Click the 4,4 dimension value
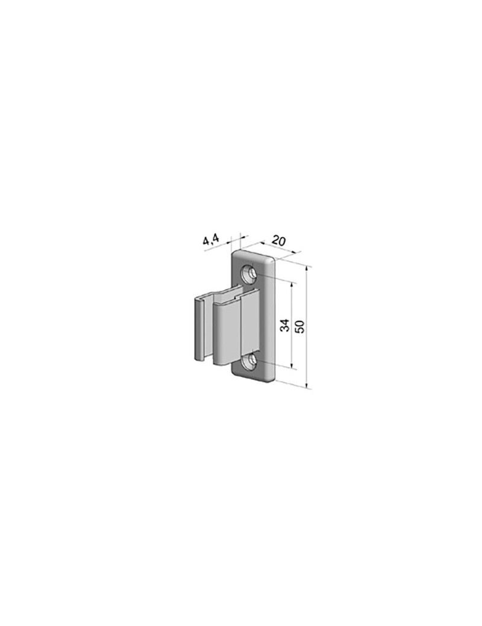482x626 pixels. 211,240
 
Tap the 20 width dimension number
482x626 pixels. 278,240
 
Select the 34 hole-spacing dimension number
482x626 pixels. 285,326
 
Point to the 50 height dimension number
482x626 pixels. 299,326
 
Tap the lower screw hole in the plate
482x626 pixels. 250,362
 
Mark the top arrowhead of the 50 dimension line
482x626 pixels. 307,268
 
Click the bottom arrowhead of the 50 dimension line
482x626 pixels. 307,385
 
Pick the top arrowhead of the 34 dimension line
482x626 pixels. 292,285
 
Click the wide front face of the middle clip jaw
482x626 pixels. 227,334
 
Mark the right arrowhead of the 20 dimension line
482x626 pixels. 293,253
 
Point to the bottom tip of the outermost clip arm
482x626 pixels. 198,358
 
